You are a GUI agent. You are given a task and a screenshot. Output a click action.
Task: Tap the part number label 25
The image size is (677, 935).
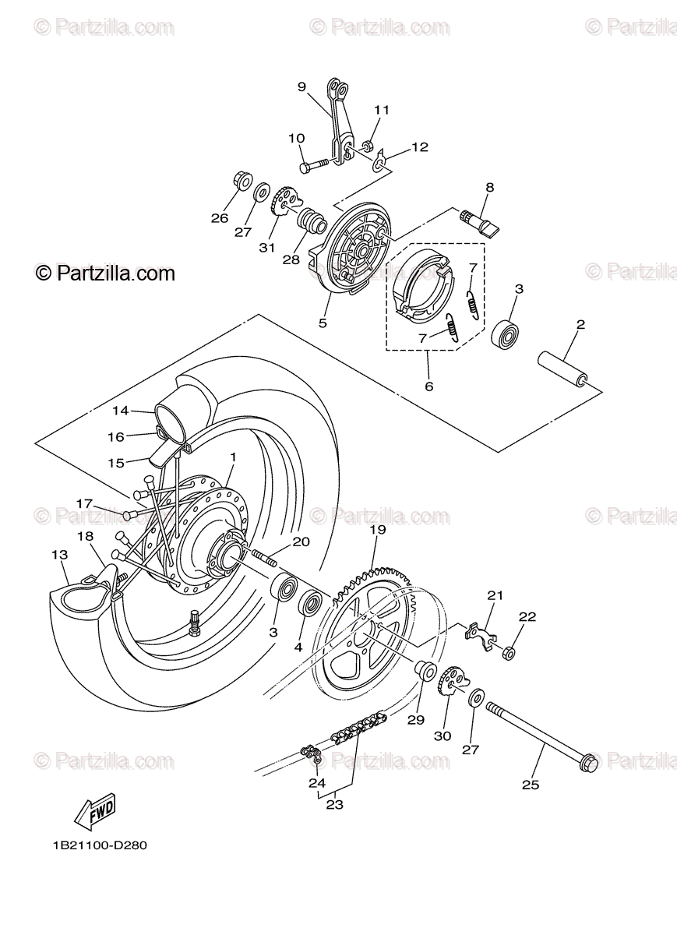click(x=530, y=785)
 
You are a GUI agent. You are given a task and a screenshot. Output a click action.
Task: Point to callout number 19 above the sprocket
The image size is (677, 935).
click(x=378, y=531)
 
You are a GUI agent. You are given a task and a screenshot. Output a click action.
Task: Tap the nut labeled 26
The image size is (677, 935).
click(x=242, y=182)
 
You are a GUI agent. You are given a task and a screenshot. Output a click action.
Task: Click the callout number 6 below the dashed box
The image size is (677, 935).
click(x=429, y=386)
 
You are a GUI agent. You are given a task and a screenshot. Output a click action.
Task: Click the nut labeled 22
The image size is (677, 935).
click(x=508, y=652)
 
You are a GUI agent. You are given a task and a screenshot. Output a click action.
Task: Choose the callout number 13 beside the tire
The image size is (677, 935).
click(x=60, y=555)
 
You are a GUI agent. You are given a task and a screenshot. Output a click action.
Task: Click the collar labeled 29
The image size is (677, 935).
click(x=426, y=669)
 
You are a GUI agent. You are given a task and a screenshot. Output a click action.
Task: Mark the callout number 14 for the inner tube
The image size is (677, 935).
click(x=119, y=410)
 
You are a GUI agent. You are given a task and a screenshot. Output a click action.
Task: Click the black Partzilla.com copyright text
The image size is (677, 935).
click(x=105, y=273)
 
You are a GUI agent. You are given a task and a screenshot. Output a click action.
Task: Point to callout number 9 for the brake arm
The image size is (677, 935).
click(x=302, y=87)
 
